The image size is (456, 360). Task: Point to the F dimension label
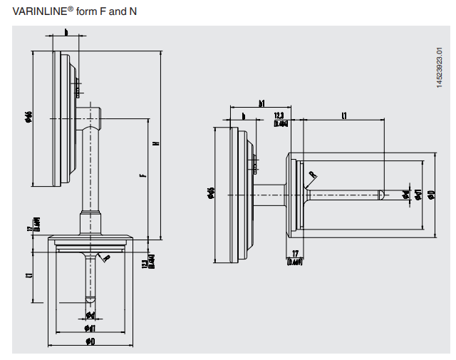pyautogui.click(x=142, y=175)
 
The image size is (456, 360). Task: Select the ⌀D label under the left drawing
pyautogui.click(x=91, y=341)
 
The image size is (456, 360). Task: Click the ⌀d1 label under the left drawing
pyautogui.click(x=90, y=328)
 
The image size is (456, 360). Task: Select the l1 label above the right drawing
pyautogui.click(x=344, y=114)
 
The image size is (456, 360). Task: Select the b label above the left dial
pyautogui.click(x=66, y=32)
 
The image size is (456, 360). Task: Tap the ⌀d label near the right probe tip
pyautogui.click(x=405, y=194)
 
